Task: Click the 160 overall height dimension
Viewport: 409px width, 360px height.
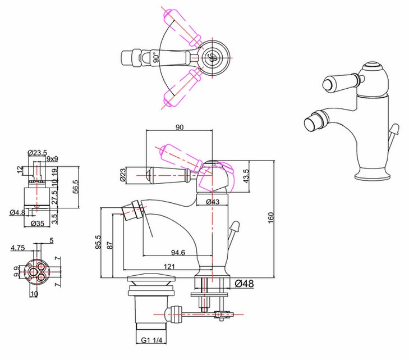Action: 271,217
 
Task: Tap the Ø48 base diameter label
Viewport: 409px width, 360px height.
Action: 244,284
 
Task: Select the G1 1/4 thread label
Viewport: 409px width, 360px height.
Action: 151,340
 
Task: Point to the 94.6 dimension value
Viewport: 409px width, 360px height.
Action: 178,252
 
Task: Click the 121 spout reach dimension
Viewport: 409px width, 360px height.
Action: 169,267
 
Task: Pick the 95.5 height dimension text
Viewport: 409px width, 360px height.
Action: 98,242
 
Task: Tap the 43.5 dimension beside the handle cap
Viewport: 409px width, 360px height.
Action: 246,176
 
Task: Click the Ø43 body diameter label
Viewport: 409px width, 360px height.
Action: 213,202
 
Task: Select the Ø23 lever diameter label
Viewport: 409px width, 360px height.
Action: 123,175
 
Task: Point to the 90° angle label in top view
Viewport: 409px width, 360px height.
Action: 156,57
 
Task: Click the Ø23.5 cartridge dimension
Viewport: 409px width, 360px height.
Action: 37,152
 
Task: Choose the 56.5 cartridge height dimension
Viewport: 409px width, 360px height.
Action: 75,187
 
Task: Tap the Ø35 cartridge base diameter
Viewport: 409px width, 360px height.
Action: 37,224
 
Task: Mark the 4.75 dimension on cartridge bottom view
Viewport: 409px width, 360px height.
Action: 17,247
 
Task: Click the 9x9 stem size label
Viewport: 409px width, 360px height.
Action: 52,159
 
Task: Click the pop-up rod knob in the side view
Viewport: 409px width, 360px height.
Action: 235,226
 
